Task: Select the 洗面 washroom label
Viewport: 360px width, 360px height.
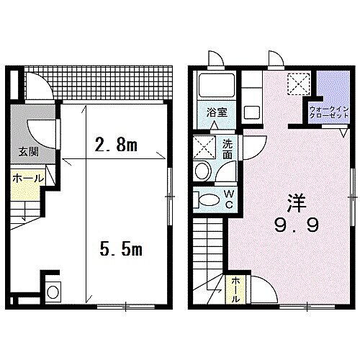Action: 228,148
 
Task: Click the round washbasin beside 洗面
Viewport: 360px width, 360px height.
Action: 202,171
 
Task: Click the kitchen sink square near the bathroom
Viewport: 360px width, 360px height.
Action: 253,112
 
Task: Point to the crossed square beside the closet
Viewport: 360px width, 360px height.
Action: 296,84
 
